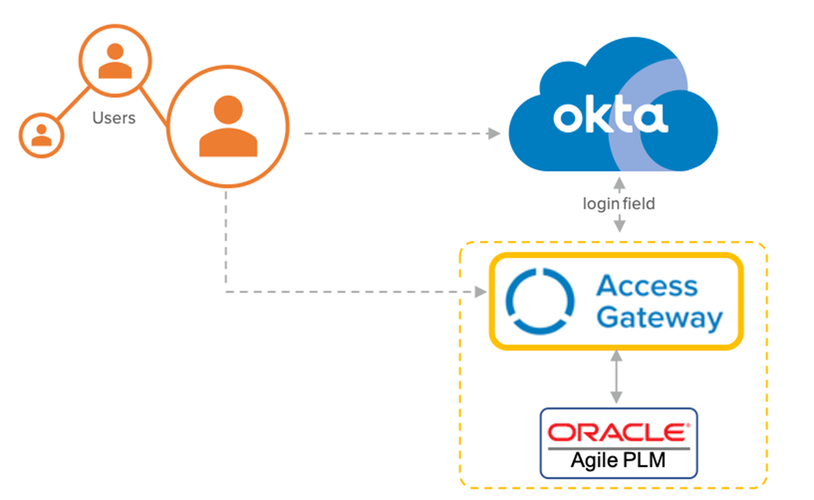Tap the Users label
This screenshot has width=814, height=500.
[113, 118]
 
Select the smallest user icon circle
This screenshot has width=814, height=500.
[41, 135]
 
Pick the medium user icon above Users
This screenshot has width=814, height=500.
[115, 60]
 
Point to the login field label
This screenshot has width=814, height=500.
[618, 204]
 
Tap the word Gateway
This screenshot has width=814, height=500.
[661, 318]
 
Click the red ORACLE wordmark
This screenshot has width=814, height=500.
[618, 432]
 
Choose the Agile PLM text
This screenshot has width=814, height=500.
[618, 460]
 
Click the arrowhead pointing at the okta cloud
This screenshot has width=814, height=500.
[494, 134]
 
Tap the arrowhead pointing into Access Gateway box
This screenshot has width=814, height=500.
[481, 292]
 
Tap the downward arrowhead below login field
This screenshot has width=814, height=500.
[618, 227]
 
